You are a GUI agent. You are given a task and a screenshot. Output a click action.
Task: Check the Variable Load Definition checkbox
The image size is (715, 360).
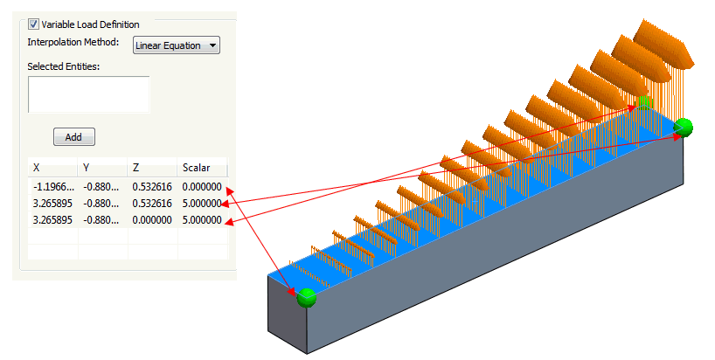pos(34,24)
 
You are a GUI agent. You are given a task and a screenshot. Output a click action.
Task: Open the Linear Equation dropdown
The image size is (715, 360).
pos(176,45)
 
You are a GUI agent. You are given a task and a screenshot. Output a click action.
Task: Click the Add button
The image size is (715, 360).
pos(73,137)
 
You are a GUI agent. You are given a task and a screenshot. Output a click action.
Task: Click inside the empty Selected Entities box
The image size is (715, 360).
pos(88,94)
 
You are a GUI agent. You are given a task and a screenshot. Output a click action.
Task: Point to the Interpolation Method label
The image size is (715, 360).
pos(73,42)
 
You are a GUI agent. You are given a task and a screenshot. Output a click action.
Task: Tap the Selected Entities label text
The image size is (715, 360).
pos(64,66)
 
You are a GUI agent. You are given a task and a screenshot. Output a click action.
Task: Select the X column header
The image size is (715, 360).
pos(37,167)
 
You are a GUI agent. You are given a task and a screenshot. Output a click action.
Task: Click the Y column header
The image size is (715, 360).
pos(87,167)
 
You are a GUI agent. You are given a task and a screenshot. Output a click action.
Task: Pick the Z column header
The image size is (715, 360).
pos(136,167)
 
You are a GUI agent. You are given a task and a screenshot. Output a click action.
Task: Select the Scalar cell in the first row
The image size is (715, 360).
pos(202,187)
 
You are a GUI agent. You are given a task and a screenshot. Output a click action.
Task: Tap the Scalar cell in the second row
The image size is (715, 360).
pos(202,204)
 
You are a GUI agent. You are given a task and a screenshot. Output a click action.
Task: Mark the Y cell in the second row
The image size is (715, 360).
pos(101,204)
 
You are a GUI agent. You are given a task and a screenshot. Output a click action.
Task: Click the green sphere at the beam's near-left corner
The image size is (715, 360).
pos(306,298)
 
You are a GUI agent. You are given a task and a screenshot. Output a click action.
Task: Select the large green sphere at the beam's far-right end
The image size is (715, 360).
pos(684,128)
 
